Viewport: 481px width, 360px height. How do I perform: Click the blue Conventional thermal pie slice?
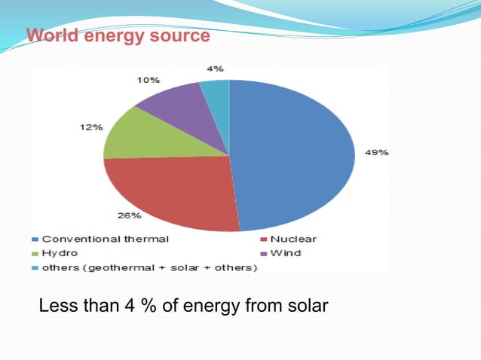tap(294, 154)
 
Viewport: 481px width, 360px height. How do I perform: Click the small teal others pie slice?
tap(217, 94)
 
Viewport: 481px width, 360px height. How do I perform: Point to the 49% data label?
tap(376, 152)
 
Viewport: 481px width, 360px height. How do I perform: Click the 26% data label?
tap(129, 215)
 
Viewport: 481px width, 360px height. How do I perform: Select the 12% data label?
tap(92, 127)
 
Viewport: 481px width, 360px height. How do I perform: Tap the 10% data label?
tap(148, 79)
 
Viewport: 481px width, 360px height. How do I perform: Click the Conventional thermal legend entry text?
tap(105, 239)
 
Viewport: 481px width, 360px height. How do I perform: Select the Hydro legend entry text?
tap(60, 253)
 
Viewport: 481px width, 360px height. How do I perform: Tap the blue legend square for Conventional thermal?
tap(35, 239)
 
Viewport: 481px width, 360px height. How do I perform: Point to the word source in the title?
tap(180, 35)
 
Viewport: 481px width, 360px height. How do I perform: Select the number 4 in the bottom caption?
tap(126, 307)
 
